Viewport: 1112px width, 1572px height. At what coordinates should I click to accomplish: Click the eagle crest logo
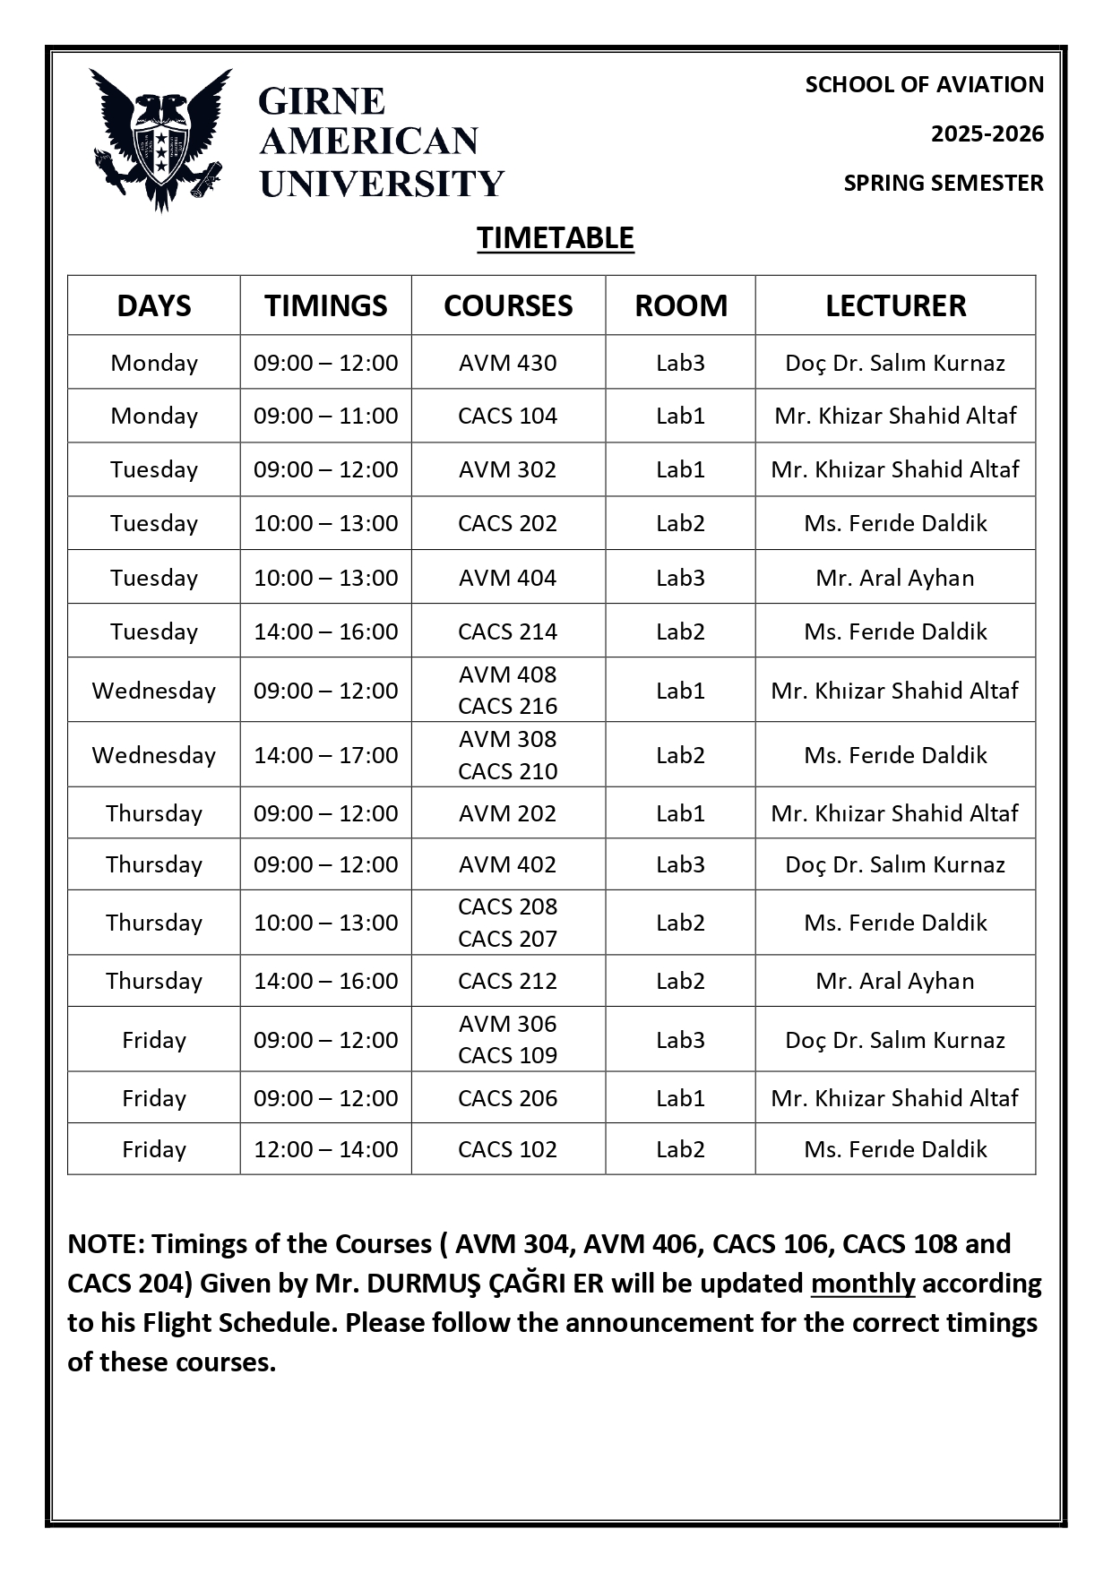pos(161,139)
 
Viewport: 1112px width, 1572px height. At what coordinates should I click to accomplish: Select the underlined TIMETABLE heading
pos(556,238)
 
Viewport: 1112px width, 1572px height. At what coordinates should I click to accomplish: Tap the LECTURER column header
pos(895,305)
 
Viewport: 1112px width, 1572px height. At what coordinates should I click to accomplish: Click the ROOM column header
pos(681,305)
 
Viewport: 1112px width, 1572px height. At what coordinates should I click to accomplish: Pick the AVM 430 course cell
pos(507,363)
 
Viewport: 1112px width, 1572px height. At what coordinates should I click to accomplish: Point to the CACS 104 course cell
pos(507,416)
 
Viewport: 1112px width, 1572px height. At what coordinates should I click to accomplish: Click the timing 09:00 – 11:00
pos(325,416)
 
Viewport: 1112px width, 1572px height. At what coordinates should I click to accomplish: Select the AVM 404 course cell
pos(507,578)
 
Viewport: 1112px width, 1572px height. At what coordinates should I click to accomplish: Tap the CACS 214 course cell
pos(507,631)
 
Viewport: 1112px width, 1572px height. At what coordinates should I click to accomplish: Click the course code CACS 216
pos(507,706)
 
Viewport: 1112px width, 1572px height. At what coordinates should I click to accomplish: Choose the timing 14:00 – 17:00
pos(325,755)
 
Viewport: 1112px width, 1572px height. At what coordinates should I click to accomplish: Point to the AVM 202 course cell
pos(507,813)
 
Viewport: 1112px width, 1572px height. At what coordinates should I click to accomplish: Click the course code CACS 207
pos(507,939)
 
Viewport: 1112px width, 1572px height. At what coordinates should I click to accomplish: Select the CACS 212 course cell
pos(507,981)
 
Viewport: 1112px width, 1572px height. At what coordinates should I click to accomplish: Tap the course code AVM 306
pos(507,1024)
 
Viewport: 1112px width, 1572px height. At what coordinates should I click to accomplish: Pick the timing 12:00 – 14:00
pos(325,1149)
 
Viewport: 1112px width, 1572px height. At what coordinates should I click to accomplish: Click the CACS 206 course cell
pos(507,1098)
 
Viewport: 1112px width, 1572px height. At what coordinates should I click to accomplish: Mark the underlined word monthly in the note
pos(863,1284)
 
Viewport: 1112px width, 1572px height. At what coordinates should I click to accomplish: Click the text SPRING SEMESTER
pos(944,183)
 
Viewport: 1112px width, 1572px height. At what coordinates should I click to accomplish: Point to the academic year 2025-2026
pos(987,133)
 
